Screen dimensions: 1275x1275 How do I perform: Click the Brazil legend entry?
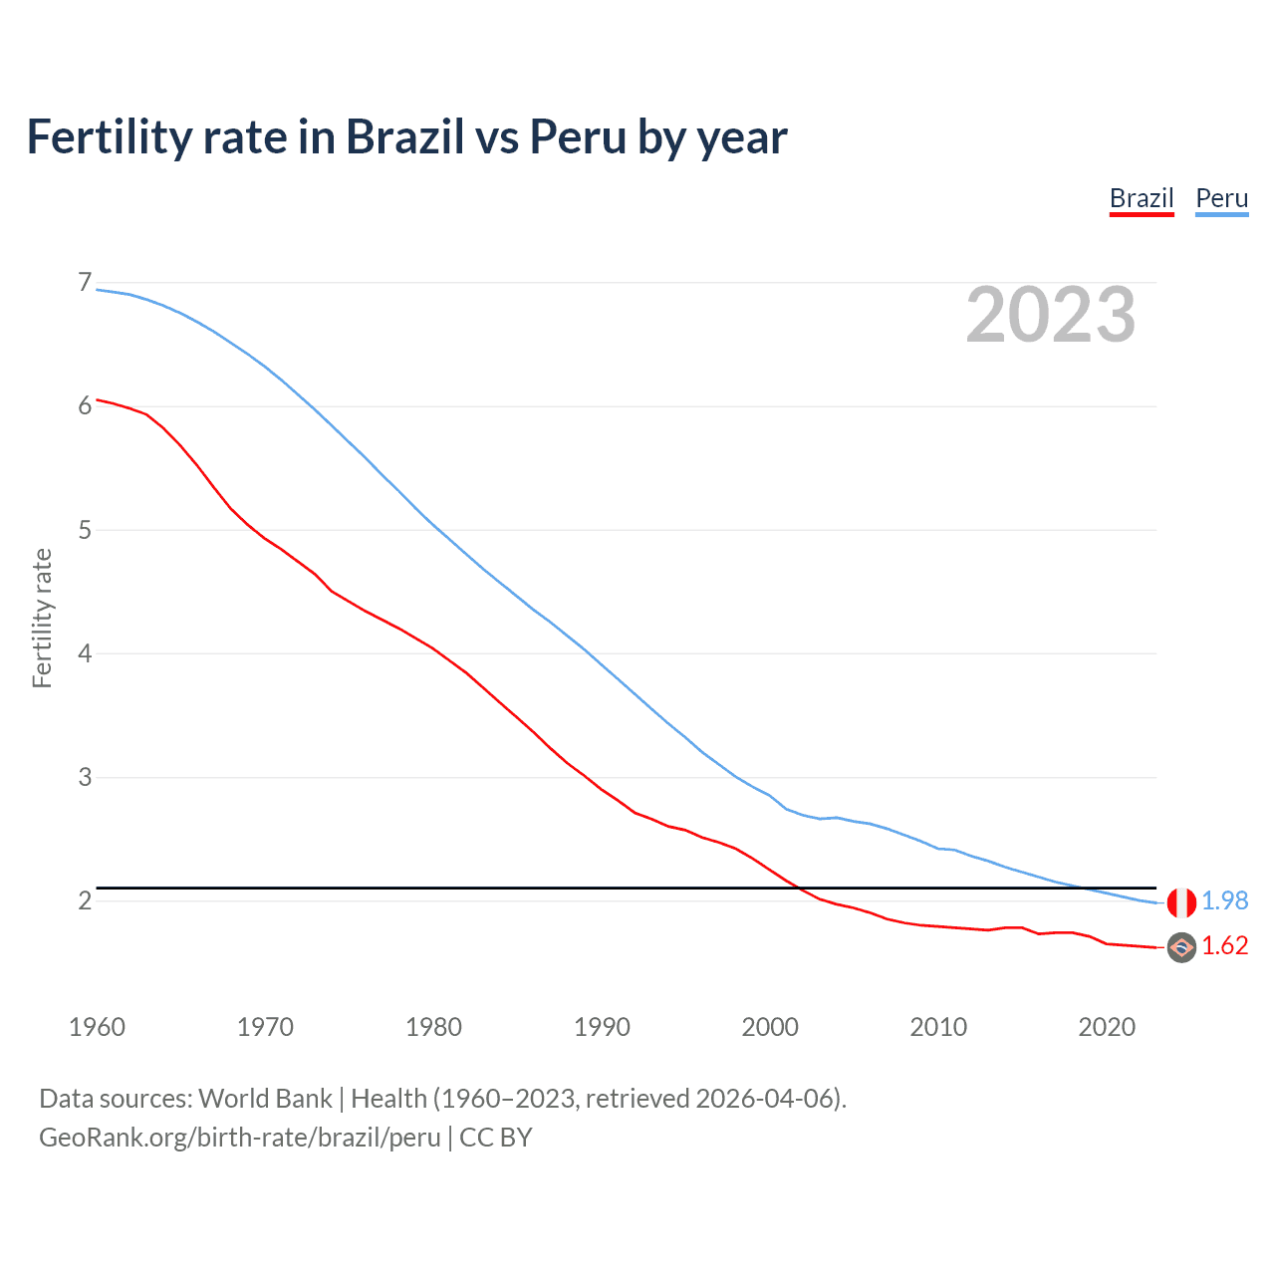1142,198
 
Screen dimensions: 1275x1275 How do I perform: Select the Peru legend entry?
1221,198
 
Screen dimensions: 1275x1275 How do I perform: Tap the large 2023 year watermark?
1050,315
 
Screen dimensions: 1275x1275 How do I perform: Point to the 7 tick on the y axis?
85,283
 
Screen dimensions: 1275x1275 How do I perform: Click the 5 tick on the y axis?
85,530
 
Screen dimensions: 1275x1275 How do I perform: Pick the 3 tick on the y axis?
85,777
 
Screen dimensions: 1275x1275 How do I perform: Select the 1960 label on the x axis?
97,1027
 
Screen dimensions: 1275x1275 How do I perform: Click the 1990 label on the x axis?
602,1027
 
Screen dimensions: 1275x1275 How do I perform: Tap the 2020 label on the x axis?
1107,1027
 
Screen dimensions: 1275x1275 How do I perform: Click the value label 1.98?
1224,900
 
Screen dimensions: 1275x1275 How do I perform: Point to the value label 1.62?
1224,945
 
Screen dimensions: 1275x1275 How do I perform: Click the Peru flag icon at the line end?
1181,902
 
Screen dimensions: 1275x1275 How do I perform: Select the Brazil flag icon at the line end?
1181,947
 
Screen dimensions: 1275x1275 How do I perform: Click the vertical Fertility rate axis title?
42,618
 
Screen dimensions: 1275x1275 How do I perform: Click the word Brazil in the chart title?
404,137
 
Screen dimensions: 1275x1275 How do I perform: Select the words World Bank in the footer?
265,1099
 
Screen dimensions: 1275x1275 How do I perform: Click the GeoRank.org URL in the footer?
239,1138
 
